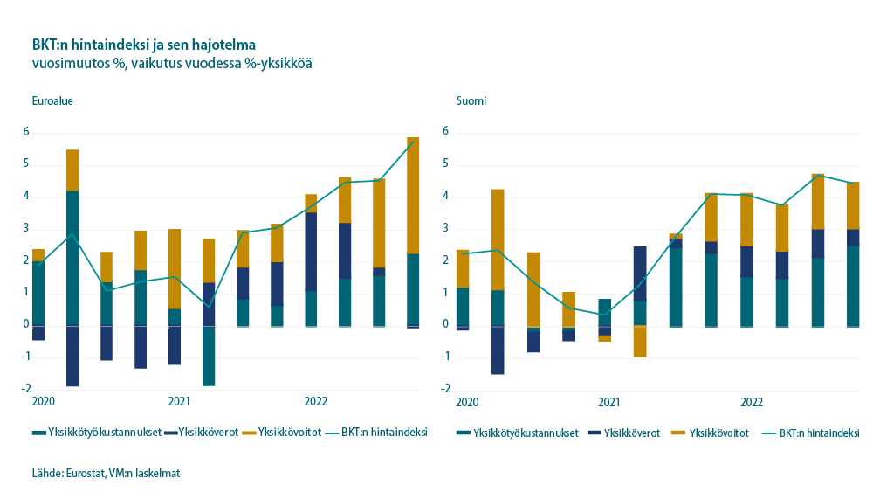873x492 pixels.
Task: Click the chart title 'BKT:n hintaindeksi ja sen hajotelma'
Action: pos(144,45)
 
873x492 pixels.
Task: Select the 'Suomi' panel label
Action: pos(471,100)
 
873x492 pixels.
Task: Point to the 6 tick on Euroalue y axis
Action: pos(26,132)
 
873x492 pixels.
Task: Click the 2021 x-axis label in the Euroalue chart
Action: pos(179,402)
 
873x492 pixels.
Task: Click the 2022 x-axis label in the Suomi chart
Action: pos(752,402)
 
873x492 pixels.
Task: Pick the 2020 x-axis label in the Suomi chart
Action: pos(467,402)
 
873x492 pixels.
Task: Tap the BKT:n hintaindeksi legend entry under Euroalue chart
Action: pos(384,432)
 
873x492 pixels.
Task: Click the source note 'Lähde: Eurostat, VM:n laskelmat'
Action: pos(106,473)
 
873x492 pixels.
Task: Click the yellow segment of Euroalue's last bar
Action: pos(413,195)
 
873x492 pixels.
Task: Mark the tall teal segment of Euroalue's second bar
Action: pos(72,258)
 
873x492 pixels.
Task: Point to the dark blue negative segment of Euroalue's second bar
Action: pos(72,356)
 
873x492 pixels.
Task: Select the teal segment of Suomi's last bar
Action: pos(853,286)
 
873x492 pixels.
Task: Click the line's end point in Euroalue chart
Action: pos(413,142)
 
